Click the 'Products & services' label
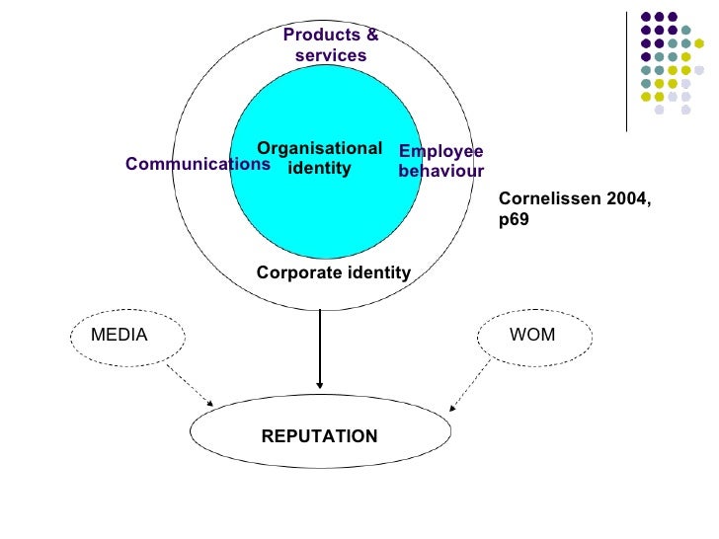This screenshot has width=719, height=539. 330,45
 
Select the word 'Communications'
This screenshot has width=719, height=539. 198,165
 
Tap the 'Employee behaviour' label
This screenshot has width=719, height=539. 440,161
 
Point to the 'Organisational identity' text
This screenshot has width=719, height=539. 319,158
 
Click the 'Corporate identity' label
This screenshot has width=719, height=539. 333,272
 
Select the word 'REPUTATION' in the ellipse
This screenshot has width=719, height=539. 319,435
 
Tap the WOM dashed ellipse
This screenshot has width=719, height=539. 535,336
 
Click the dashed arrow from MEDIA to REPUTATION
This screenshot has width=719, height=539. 190,383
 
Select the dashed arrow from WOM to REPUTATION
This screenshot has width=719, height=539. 471,385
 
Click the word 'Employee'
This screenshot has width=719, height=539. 440,152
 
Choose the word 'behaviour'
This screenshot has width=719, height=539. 440,172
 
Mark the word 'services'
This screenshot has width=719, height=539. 330,56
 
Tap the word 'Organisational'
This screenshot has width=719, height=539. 319,148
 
